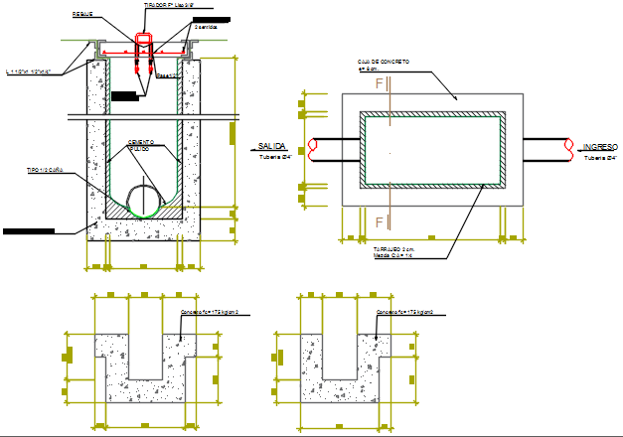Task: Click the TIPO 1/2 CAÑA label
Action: click(45, 171)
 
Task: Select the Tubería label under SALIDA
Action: click(272, 157)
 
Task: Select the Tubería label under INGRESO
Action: click(601, 157)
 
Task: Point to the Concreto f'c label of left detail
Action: click(215, 313)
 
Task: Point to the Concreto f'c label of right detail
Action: click(409, 313)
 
